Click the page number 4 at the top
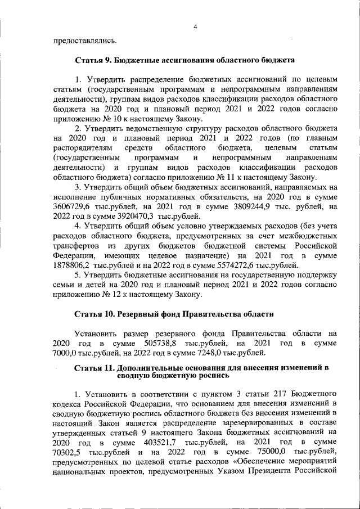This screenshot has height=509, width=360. (194, 26)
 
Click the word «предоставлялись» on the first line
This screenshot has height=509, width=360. (78, 40)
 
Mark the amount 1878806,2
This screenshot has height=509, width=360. (73, 265)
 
